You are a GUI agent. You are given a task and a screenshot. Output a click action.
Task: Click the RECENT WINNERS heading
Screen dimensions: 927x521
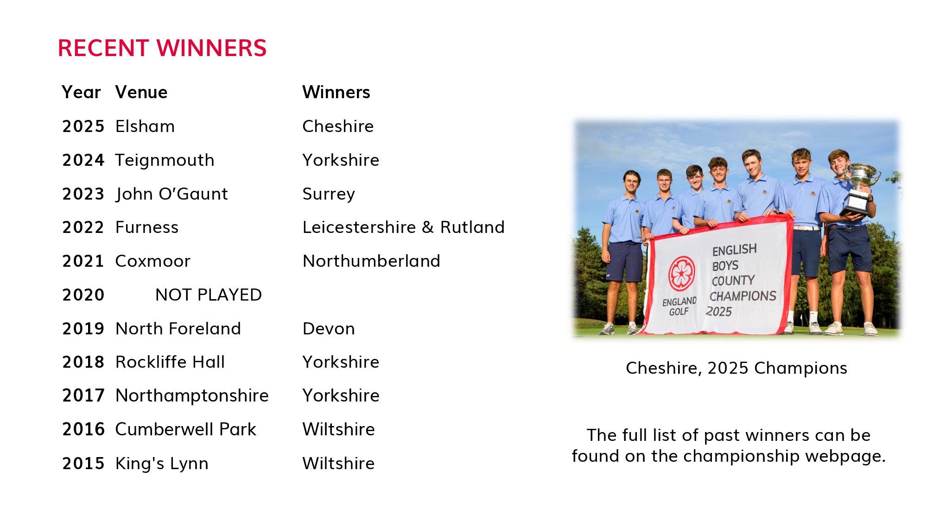coord(162,48)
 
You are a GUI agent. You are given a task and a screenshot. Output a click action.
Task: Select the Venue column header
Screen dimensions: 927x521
coord(141,92)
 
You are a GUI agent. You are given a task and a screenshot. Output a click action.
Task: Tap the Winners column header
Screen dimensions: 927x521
coord(336,92)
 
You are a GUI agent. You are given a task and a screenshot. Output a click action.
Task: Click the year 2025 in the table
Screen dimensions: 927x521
coord(83,126)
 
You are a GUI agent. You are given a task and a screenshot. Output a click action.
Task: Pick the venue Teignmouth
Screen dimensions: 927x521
coord(165,160)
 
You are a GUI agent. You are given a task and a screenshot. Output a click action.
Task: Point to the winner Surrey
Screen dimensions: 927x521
coord(329,194)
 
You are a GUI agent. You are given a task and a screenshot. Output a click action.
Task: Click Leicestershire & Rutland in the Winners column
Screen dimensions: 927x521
coord(403,227)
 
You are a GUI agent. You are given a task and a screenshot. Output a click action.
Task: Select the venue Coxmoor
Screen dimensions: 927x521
coord(153,261)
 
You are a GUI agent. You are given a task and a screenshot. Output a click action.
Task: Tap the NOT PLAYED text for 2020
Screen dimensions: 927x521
coord(209,295)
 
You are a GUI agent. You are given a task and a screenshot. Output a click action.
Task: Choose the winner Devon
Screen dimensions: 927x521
coord(329,329)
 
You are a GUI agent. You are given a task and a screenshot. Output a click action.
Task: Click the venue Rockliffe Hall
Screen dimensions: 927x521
coord(170,362)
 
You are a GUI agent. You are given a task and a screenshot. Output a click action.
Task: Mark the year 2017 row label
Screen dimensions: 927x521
coord(83,395)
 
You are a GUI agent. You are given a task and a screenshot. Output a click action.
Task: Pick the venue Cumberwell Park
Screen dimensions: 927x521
coord(185,429)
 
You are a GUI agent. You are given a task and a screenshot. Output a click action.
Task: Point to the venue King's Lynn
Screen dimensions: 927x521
coord(162,464)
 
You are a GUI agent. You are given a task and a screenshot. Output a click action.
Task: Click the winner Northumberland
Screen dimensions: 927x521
coord(371,261)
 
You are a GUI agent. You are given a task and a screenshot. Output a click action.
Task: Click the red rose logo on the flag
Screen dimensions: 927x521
coord(681,273)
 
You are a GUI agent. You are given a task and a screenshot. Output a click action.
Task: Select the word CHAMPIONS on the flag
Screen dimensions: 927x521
coord(743,296)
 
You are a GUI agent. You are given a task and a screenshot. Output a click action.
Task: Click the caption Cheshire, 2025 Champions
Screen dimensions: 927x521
coord(737,369)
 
